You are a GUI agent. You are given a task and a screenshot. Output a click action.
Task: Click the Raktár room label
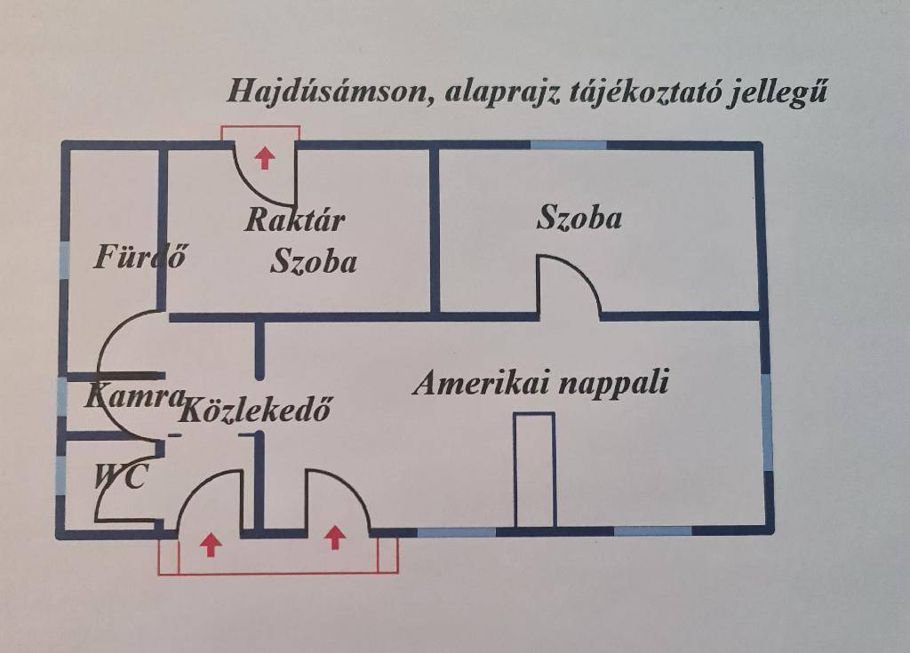pyautogui.click(x=295, y=220)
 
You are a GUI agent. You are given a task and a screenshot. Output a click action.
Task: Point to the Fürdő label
pyautogui.click(x=140, y=256)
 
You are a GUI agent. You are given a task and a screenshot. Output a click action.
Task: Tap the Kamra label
pyautogui.click(x=135, y=397)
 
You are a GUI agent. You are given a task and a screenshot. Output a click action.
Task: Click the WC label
pyautogui.click(x=121, y=477)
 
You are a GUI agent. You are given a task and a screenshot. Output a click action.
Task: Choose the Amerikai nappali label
pyautogui.click(x=541, y=383)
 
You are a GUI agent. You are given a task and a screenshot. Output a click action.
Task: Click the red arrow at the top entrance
pyautogui.click(x=265, y=157)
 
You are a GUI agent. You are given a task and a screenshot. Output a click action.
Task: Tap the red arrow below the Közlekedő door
pyautogui.click(x=211, y=545)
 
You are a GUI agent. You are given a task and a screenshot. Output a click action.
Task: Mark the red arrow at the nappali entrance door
pyautogui.click(x=335, y=537)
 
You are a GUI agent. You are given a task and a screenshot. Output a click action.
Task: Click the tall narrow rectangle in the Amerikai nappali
pyautogui.click(x=534, y=470)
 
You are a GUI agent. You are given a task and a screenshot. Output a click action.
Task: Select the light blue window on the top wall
pyautogui.click(x=568, y=145)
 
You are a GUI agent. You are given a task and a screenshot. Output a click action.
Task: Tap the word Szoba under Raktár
pyautogui.click(x=314, y=261)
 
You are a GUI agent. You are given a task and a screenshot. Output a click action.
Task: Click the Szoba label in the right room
pyautogui.click(x=579, y=219)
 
